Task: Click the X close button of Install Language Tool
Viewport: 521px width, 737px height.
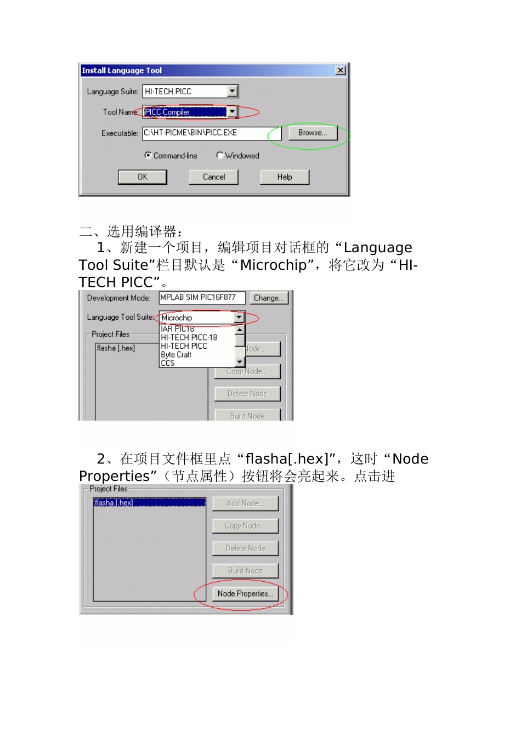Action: click(341, 70)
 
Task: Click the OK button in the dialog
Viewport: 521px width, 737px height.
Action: click(143, 177)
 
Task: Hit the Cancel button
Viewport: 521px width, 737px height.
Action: click(214, 177)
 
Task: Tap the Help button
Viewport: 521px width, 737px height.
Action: click(285, 177)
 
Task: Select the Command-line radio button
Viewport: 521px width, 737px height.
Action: click(148, 155)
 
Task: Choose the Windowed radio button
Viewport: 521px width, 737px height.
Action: click(219, 155)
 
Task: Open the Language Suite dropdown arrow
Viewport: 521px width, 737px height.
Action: click(233, 91)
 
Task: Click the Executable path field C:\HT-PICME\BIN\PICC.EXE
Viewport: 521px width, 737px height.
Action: click(211, 133)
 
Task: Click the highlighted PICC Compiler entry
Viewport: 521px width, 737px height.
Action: click(184, 112)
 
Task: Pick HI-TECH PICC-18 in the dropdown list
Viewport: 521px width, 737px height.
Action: click(189, 337)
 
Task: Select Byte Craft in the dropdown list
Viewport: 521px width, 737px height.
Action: click(176, 355)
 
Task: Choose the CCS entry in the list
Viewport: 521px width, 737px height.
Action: click(168, 363)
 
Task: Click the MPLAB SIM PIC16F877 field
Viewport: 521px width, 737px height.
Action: click(202, 298)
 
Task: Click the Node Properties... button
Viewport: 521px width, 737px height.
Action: click(245, 593)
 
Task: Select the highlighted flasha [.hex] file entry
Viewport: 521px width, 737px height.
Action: click(149, 503)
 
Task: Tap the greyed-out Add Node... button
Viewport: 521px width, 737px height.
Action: click(245, 503)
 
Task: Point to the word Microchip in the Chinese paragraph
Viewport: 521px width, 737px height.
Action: click(274, 265)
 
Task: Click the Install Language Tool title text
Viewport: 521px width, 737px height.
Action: click(122, 70)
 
